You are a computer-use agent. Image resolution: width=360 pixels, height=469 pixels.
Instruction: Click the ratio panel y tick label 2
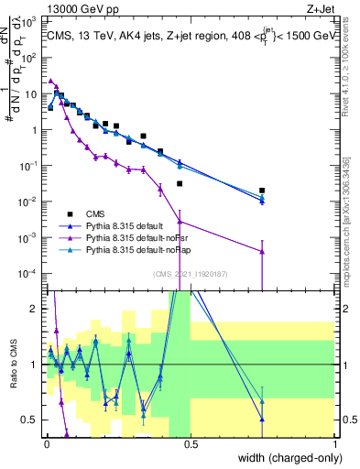[x=35, y=309]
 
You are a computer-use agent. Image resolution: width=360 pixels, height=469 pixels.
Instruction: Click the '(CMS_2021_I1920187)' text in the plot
[x=190, y=273]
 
